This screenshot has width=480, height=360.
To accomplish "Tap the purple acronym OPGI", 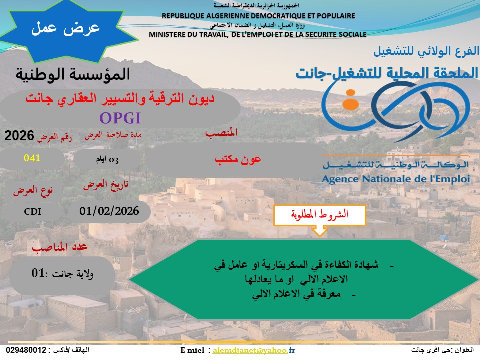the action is point(120,118).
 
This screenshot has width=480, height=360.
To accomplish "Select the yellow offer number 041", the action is point(32,158).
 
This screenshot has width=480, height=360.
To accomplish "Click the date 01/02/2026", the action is point(109,211).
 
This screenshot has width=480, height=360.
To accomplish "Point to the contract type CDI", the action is point(33,212).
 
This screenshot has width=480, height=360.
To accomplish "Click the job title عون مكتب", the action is point(238,159).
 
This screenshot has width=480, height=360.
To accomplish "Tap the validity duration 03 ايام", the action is point(107,160).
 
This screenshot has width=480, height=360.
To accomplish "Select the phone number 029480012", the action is point(26,350).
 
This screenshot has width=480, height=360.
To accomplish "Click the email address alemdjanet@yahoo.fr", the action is point(254,350).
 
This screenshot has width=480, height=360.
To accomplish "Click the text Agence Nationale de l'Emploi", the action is point(396,179).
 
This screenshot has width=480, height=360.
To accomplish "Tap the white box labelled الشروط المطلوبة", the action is point(320,215).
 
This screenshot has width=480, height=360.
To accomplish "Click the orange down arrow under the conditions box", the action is point(319,231).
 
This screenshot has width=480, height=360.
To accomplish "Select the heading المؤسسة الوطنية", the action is point(73,74).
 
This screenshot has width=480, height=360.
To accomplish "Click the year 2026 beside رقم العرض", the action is point(19,136).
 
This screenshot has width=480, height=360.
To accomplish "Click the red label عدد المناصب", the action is point(60,247).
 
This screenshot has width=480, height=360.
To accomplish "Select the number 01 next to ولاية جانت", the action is point(38,273).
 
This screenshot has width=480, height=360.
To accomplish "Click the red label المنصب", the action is point(221,133).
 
